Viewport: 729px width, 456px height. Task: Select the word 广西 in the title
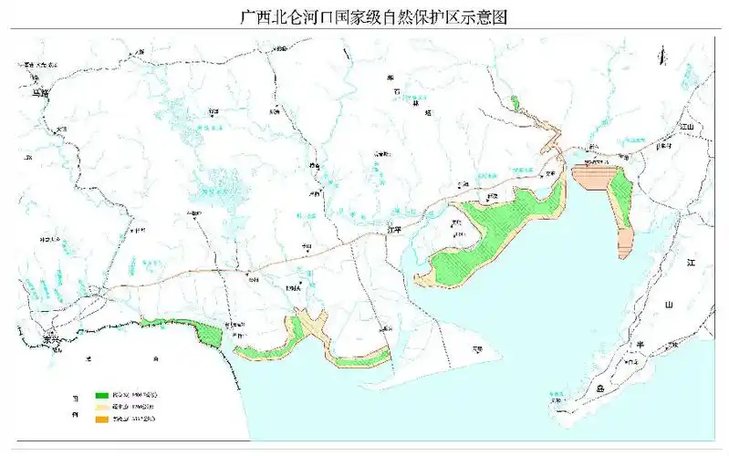click(250, 16)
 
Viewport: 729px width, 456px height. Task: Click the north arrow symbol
click(663, 57)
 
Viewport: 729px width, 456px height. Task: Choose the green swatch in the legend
click(102, 396)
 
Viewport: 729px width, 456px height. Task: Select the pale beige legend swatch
click(102, 407)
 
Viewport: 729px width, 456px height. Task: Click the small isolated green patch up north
click(515, 103)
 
